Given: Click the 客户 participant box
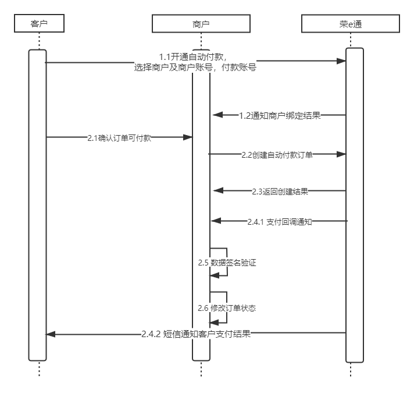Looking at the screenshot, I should click(x=38, y=23).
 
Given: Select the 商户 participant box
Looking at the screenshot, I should click(x=201, y=23).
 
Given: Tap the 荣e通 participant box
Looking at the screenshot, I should click(x=351, y=23).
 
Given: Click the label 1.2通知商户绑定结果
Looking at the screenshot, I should click(x=280, y=115).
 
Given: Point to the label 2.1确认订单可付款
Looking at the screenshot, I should click(x=120, y=137).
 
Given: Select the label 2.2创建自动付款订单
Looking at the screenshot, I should click(x=277, y=155).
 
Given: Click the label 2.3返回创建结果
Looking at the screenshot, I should click(x=280, y=191).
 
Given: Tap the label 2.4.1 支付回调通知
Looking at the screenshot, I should click(x=280, y=222).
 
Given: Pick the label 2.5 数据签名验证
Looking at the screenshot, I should click(x=227, y=263).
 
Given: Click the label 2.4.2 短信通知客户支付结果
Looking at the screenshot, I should click(x=196, y=334).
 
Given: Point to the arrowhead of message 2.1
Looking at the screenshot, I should click(x=188, y=137).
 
